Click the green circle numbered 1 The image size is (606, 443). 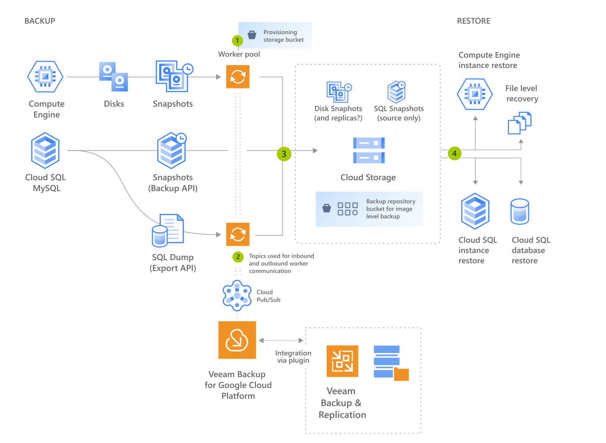tap(237, 41)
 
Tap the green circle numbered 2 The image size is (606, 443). tap(238, 256)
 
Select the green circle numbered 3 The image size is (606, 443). tap(284, 154)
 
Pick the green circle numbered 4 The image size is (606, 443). tap(454, 153)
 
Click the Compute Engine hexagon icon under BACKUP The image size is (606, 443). tap(45, 77)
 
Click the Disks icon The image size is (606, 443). tap(113, 77)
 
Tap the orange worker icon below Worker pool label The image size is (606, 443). tap(238, 77)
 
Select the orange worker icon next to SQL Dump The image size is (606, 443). tap(238, 234)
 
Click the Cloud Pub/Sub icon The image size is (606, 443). tap(237, 295)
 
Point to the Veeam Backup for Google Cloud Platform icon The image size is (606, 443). tap(237, 340)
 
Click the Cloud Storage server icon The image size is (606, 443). tap(369, 150)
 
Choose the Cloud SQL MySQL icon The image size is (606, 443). tap(45, 151)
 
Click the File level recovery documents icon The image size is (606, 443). tap(519, 123)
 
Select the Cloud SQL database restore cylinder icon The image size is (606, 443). tap(520, 212)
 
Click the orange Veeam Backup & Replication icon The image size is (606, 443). tap(342, 361)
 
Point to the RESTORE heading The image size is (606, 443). tap(473, 21)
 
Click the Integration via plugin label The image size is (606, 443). tap(293, 357)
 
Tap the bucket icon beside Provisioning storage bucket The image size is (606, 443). tap(252, 35)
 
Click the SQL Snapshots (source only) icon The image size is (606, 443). tap(397, 92)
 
